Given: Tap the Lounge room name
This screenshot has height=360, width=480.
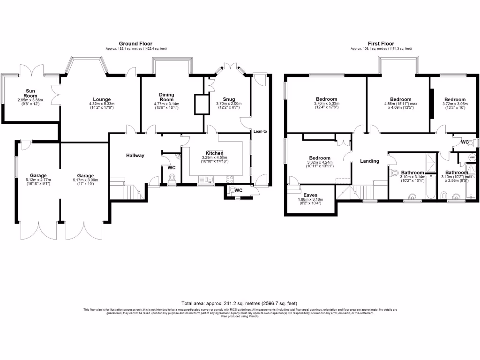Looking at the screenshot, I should coord(102,99).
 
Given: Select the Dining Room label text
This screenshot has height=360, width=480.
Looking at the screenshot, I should coord(167,97).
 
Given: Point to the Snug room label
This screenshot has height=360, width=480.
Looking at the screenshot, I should coord(229,99).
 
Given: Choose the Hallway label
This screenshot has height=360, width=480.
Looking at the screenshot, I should coord(135,156).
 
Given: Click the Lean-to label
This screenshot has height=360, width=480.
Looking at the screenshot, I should coord(260,132).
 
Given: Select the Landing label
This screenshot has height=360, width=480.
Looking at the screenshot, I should coord(369,161).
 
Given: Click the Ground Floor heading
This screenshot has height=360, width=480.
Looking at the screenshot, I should coord(135,44).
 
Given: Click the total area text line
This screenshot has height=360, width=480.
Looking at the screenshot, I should coord(240,304).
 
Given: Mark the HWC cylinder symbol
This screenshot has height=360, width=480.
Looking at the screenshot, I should coord(472,157).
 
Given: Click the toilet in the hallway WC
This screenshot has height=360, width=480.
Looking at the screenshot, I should coord(172,179).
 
